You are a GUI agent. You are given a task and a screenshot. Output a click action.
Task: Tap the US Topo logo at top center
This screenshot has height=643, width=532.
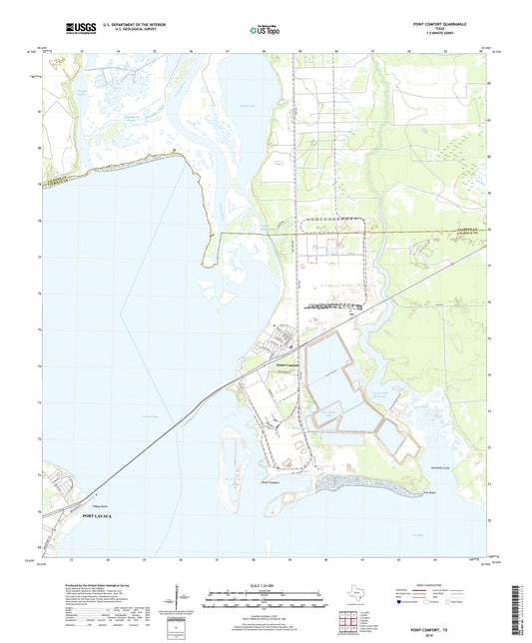(266, 30)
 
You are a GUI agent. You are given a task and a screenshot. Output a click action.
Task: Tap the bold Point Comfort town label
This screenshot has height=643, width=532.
(287, 365)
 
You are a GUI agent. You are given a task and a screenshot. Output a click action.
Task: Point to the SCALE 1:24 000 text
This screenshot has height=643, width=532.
(266, 585)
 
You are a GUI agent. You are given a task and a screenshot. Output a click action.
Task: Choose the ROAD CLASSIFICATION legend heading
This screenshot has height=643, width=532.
(430, 585)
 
